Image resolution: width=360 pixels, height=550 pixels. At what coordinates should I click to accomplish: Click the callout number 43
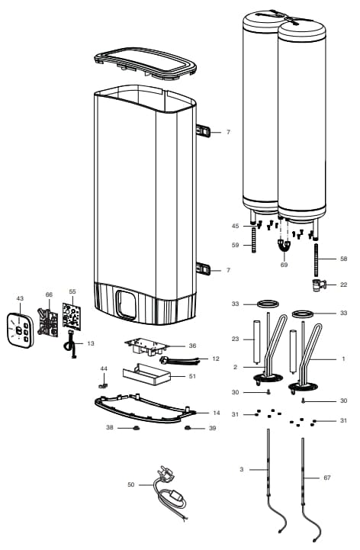pos(21,298)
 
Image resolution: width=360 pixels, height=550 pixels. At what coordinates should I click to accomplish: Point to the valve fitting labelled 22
pos(317,286)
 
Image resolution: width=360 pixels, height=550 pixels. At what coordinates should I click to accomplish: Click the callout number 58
pos(343,259)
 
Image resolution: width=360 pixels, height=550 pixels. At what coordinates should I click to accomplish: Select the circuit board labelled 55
pos(72,320)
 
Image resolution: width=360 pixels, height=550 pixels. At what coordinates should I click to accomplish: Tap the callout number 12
pos(216,359)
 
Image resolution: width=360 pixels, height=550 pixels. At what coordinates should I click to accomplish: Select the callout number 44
pos(104,368)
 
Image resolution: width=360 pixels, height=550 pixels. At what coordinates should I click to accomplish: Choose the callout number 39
pos(212,428)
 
